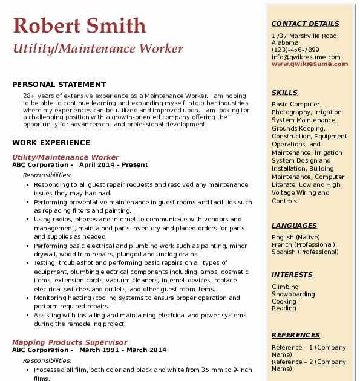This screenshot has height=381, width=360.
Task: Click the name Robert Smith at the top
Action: (x=79, y=25)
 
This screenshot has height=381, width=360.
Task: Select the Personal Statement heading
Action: (x=59, y=85)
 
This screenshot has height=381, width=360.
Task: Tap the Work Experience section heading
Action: (x=51, y=143)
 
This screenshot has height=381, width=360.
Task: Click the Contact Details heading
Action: (x=305, y=24)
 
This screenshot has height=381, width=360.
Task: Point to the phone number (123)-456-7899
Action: (x=295, y=50)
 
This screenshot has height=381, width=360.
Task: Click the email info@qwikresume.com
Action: (x=306, y=57)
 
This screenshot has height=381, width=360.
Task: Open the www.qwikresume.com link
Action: (x=306, y=64)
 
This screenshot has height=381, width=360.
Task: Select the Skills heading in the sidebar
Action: (x=284, y=93)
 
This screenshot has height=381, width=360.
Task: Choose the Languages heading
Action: (x=294, y=226)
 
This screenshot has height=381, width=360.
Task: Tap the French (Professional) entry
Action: (x=303, y=245)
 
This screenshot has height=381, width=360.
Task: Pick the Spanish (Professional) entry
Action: (x=305, y=252)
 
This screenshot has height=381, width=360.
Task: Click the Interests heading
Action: (x=292, y=275)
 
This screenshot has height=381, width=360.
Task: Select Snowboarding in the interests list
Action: (x=293, y=295)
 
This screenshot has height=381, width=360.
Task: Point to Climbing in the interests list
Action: (x=285, y=287)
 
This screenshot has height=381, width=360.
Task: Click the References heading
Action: (x=296, y=335)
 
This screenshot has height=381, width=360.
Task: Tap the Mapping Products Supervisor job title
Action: (x=69, y=342)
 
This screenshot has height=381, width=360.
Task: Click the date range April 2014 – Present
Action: (x=113, y=165)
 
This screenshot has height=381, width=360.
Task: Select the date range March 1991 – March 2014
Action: (x=122, y=350)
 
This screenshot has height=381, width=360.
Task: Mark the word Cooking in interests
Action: (x=284, y=302)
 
